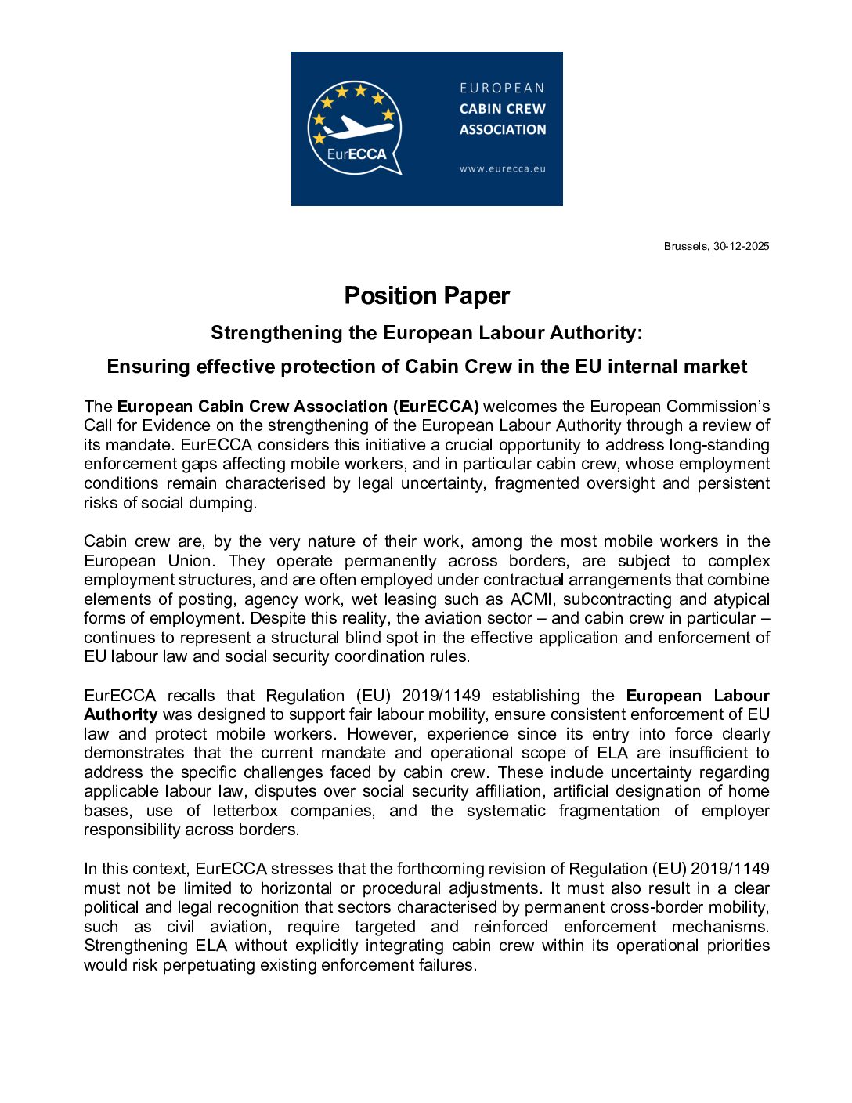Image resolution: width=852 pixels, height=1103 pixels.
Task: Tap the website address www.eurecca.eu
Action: click(x=502, y=168)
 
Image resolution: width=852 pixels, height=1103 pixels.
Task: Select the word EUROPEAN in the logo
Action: click(x=502, y=88)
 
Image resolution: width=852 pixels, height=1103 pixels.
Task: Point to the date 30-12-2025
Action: click(x=741, y=246)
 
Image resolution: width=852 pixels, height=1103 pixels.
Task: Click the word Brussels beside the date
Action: click(x=685, y=246)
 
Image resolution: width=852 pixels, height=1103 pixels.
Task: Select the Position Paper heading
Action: click(x=427, y=295)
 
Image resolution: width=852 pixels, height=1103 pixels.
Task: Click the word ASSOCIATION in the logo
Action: click(x=503, y=130)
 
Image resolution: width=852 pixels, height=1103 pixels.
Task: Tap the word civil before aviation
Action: click(x=180, y=927)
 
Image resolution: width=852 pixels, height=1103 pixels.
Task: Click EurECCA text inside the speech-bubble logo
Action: click(x=356, y=154)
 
